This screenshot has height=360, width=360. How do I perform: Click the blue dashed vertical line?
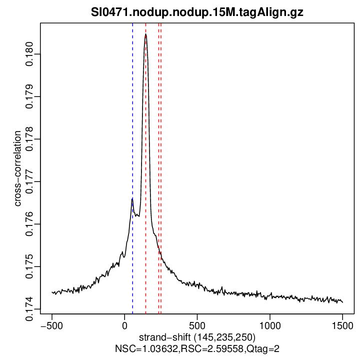(x=132, y=150)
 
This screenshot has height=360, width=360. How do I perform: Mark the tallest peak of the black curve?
(x=145, y=34)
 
